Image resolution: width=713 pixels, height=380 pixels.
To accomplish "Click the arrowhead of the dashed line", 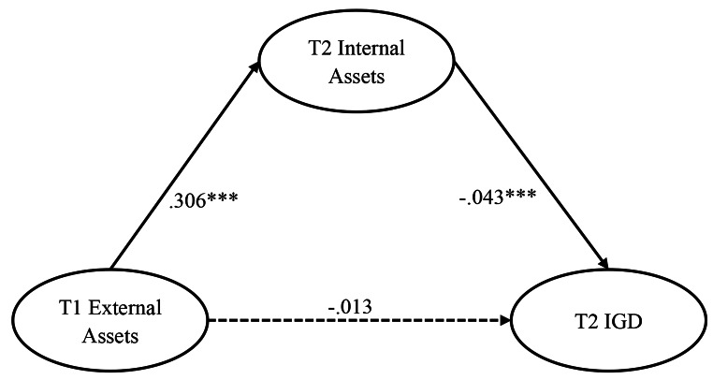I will (x=509, y=321).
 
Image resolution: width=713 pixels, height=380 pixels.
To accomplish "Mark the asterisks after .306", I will (x=225, y=197).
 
